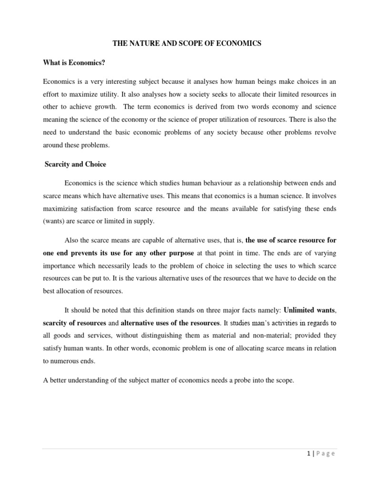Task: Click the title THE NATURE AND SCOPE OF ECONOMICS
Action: click(187, 44)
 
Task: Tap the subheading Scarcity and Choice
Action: click(75, 164)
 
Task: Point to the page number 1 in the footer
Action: click(309, 453)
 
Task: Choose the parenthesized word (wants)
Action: click(55, 221)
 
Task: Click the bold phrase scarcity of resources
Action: click(74, 323)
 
